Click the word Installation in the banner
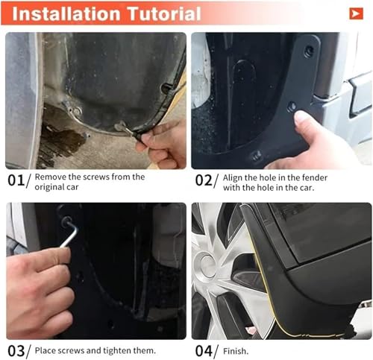[x=66, y=14]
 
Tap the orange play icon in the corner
[x=356, y=13]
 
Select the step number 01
[x=16, y=180]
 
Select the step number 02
[x=203, y=180]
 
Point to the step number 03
[x=16, y=351]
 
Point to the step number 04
[x=204, y=351]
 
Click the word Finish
[x=236, y=351]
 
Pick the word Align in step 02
[x=233, y=178]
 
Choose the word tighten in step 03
[x=117, y=350]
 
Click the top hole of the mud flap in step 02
[x=309, y=51]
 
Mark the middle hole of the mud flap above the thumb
[x=291, y=107]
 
